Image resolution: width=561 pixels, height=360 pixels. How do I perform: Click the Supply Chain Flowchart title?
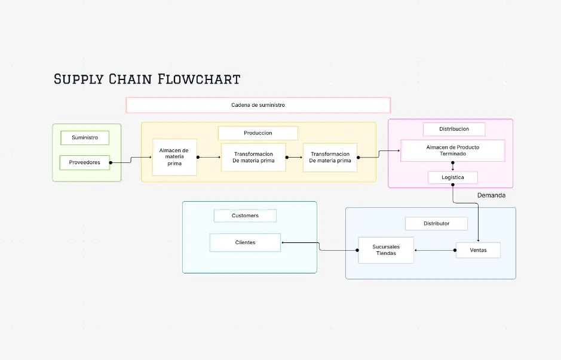click(x=147, y=79)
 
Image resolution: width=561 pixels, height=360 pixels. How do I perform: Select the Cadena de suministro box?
click(x=258, y=105)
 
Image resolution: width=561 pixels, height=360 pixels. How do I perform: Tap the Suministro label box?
click(x=85, y=138)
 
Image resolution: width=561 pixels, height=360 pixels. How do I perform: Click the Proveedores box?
click(x=85, y=162)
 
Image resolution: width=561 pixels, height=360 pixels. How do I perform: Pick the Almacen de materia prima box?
click(x=174, y=158)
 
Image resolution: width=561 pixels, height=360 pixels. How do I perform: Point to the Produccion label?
click(x=257, y=133)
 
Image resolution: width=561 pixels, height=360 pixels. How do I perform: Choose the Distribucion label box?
click(x=454, y=129)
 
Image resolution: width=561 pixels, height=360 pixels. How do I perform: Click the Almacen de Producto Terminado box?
click(x=453, y=150)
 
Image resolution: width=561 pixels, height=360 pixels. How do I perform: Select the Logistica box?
click(x=453, y=177)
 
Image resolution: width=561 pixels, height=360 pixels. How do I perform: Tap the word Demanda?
click(x=491, y=195)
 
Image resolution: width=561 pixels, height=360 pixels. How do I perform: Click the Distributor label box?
click(x=436, y=223)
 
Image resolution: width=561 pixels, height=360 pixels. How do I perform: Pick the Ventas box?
click(x=478, y=250)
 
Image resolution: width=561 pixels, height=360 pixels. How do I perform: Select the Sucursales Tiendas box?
click(x=386, y=250)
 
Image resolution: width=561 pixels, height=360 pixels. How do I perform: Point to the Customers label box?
click(x=245, y=216)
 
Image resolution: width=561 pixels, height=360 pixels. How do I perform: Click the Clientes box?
click(x=245, y=242)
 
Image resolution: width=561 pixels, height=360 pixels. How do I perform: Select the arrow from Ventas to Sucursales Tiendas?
click(x=435, y=250)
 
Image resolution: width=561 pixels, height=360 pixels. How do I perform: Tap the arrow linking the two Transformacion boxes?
click(x=295, y=158)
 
